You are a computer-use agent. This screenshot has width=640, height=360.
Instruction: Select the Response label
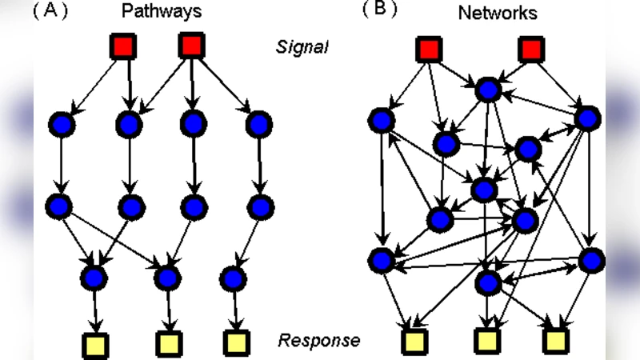[x=318, y=340]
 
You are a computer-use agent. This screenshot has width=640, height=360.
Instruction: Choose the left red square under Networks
[x=429, y=50]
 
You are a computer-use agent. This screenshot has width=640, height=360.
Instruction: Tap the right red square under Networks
[x=530, y=50]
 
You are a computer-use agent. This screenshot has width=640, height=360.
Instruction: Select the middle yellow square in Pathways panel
[x=168, y=344]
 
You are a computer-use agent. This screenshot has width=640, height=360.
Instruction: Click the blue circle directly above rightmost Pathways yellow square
[x=233, y=278]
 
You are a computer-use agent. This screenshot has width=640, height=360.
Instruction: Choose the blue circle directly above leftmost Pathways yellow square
[x=94, y=278]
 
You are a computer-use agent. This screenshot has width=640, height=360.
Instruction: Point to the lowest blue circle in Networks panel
[x=487, y=282]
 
